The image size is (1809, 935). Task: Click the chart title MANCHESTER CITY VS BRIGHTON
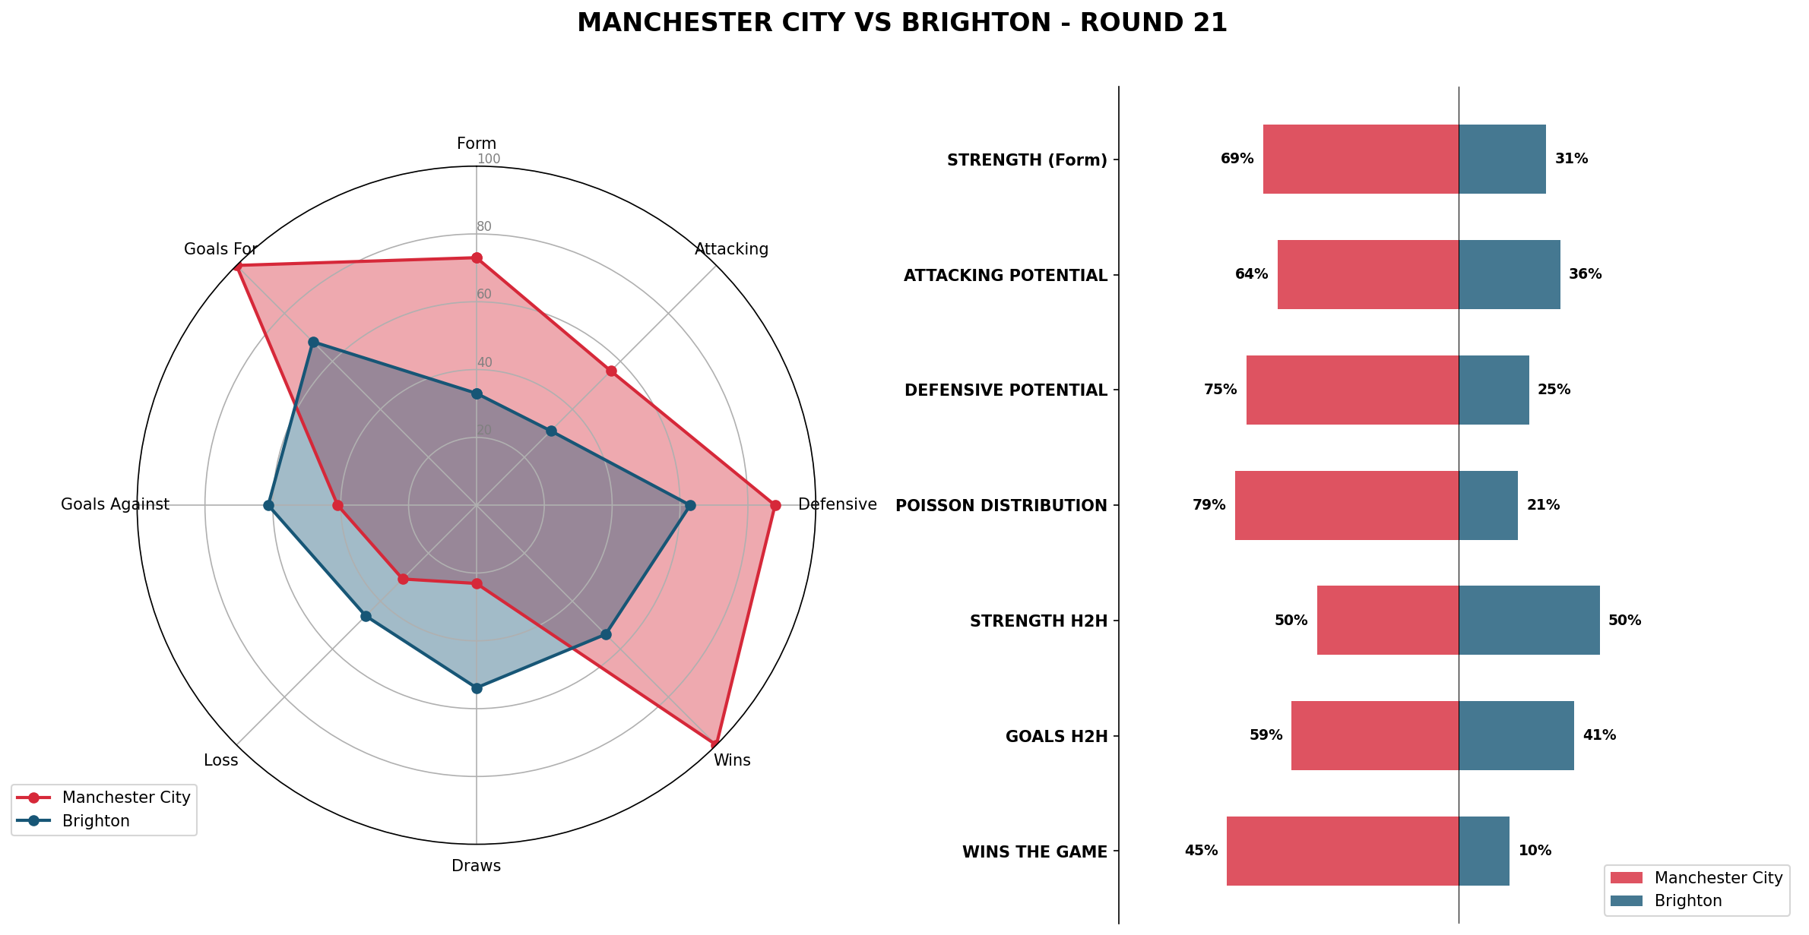coord(901,23)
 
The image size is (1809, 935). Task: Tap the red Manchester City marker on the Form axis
coord(477,258)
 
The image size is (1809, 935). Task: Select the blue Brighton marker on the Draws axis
coord(477,688)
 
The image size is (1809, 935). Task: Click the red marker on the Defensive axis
coord(775,505)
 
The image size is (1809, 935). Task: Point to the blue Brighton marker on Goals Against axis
coord(268,505)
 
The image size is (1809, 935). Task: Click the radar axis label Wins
coord(731,760)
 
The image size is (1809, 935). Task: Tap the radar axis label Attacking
coord(731,249)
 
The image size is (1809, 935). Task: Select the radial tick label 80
coord(484,226)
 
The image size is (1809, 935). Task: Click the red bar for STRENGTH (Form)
coord(1361,159)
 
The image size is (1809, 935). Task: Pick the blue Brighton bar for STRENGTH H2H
coord(1529,620)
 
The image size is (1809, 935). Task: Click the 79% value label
coord(1209,505)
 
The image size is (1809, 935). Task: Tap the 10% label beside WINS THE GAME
coord(1535,851)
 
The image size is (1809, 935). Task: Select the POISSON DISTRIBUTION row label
coord(1001,506)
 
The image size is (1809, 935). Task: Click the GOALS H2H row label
coord(1056,737)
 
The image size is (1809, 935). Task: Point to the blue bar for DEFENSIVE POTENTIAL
coord(1494,390)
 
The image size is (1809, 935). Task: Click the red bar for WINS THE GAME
coord(1342,851)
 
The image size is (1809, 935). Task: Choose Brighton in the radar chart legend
coord(96,821)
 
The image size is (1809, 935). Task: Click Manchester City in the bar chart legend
coord(1718,878)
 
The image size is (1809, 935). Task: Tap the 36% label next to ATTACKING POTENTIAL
coord(1585,274)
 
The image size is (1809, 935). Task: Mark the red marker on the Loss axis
coord(404,579)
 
